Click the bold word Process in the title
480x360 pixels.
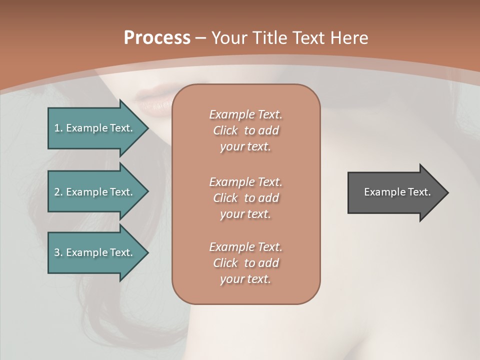tap(157, 38)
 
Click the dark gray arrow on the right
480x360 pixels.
tap(395, 192)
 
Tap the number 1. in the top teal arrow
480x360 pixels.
tap(58, 128)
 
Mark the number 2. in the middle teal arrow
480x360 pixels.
tap(58, 192)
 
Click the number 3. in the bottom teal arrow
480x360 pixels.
tap(58, 252)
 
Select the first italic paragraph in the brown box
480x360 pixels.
tap(245, 130)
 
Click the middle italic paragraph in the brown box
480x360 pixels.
tap(245, 197)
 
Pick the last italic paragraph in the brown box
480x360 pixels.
tap(245, 263)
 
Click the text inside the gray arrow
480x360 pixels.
tap(397, 192)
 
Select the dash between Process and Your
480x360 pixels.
tap(200, 38)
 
